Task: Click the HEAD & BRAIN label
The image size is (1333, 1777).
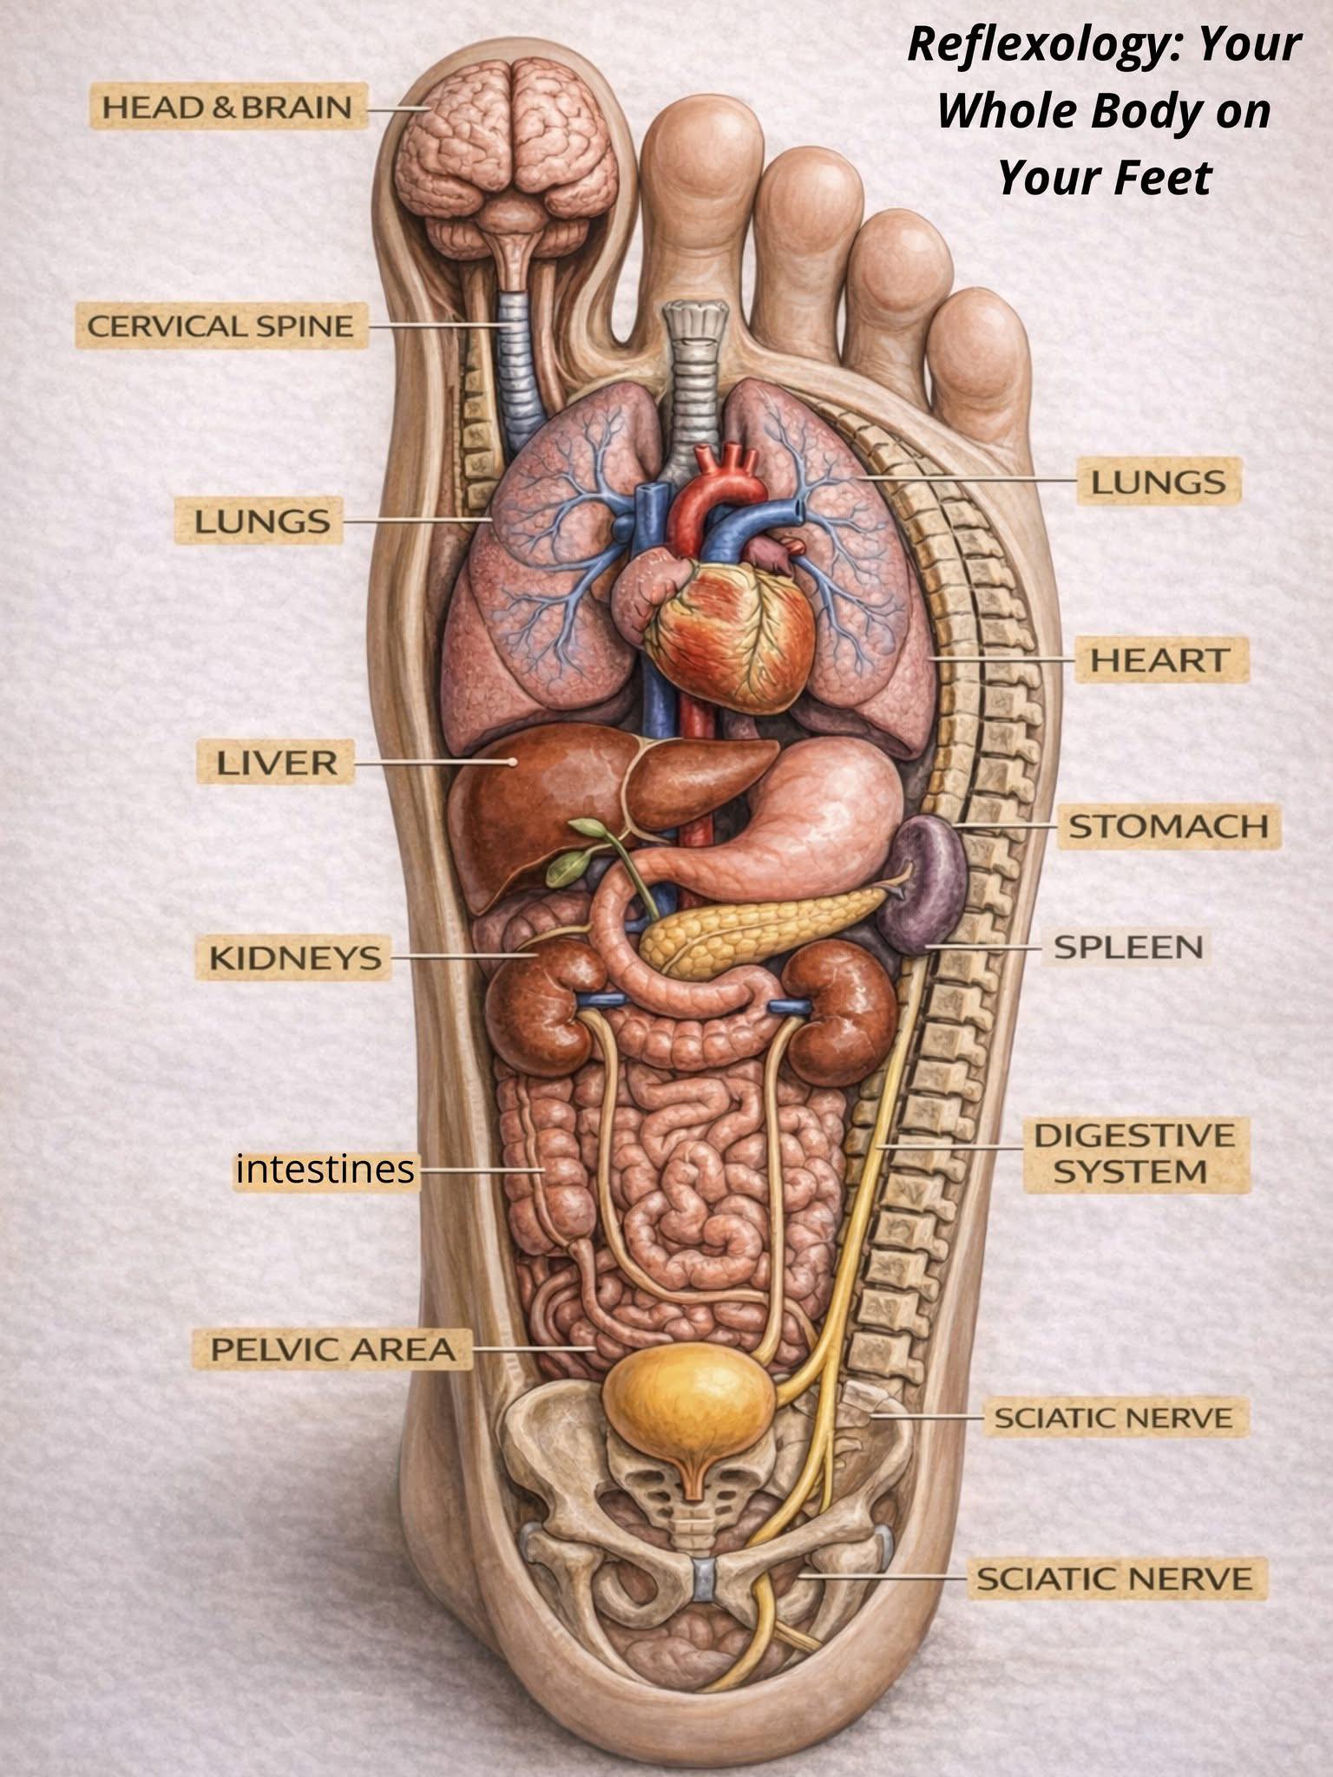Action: (227, 108)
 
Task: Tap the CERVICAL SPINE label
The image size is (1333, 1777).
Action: (220, 326)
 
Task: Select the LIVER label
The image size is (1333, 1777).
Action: (276, 763)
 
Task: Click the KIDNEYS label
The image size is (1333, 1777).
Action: (295, 957)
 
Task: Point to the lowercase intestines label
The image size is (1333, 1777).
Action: (325, 1170)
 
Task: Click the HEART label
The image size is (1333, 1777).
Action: (1159, 659)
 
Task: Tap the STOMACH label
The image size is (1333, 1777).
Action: (1168, 826)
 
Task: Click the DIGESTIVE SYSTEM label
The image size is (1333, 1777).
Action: (1133, 1154)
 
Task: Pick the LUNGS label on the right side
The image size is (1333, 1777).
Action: (1159, 482)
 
